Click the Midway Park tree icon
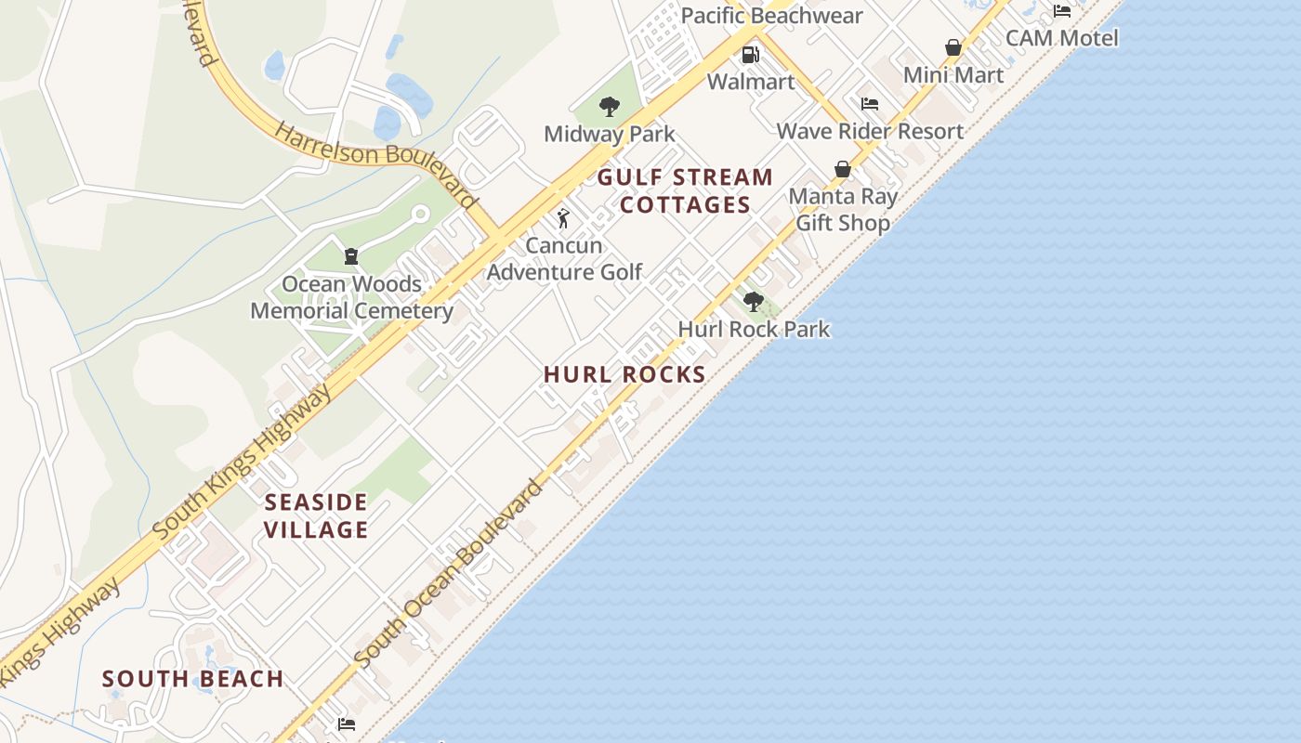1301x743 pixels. tap(610, 107)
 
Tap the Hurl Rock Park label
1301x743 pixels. tap(754, 329)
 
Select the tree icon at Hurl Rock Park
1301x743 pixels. tap(754, 301)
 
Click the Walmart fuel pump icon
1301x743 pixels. tap(751, 55)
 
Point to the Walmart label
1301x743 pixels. tap(751, 82)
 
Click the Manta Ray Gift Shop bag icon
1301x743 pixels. tap(843, 169)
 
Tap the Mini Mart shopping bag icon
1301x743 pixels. tap(953, 47)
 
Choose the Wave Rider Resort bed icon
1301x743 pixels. tap(870, 104)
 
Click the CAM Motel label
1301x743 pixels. tap(1062, 38)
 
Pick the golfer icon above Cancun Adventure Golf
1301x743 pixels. tap(563, 219)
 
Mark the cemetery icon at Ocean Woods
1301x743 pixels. tap(351, 256)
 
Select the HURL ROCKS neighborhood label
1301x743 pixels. tap(624, 374)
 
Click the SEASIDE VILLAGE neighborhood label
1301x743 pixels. tap(317, 516)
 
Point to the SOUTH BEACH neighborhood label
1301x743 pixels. tap(193, 679)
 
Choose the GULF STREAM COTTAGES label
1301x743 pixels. tap(685, 191)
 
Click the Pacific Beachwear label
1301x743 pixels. tap(772, 16)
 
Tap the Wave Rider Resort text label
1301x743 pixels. tap(870, 131)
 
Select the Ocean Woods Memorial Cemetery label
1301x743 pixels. tap(351, 297)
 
